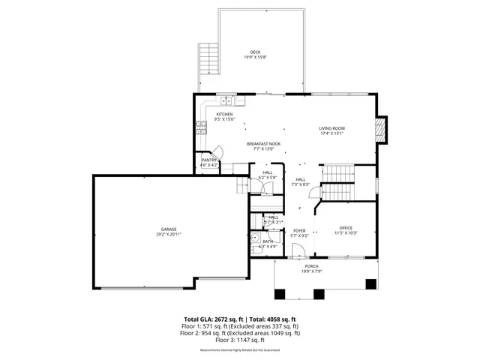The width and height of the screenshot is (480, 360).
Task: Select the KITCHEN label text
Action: point(224,114)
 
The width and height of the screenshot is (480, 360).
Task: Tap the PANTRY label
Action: point(208,160)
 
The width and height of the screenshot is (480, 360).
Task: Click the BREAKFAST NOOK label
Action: point(263,143)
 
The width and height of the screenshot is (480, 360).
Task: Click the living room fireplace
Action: point(383,129)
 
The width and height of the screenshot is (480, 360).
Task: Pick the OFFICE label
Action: point(345,228)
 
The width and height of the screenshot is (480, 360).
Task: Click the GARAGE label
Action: point(169,229)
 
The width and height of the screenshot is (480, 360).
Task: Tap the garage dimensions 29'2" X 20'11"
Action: point(169,234)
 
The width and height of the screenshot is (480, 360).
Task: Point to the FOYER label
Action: point(299,230)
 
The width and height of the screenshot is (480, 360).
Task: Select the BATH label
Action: point(268,241)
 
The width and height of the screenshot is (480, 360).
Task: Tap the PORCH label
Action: point(310,266)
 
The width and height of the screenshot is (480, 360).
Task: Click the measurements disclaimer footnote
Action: point(240,349)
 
